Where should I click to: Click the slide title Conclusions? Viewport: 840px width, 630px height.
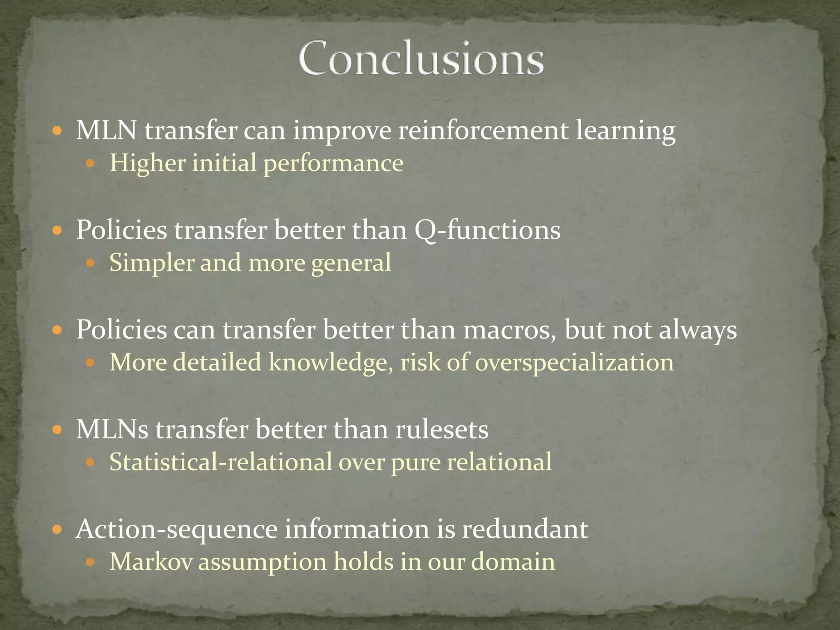click(x=421, y=59)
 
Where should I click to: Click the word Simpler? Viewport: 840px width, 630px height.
click(x=151, y=262)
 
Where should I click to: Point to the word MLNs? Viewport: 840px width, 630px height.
click(x=112, y=429)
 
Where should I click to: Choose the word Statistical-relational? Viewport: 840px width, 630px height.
click(x=221, y=462)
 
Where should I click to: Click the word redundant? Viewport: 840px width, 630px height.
click(x=525, y=529)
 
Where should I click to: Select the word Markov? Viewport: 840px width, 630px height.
click(x=151, y=562)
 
